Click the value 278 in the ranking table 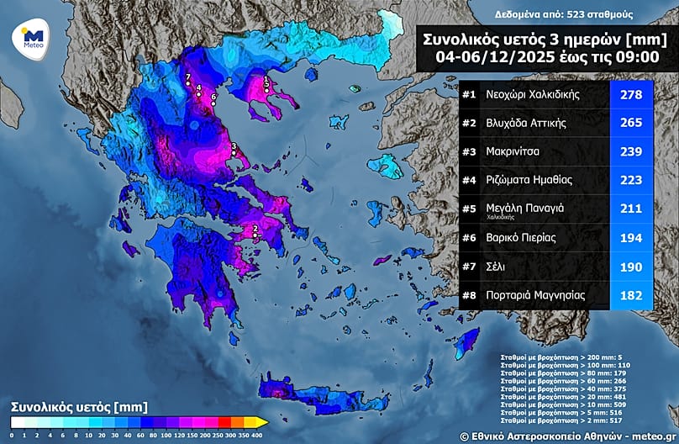point(630,94)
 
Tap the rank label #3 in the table point(470,151)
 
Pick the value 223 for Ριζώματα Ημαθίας point(630,180)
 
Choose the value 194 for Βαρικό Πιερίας point(630,238)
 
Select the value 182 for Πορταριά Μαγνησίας point(630,295)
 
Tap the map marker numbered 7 point(188,82)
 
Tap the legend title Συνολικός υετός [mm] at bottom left point(67,405)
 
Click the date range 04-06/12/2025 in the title point(487,56)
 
